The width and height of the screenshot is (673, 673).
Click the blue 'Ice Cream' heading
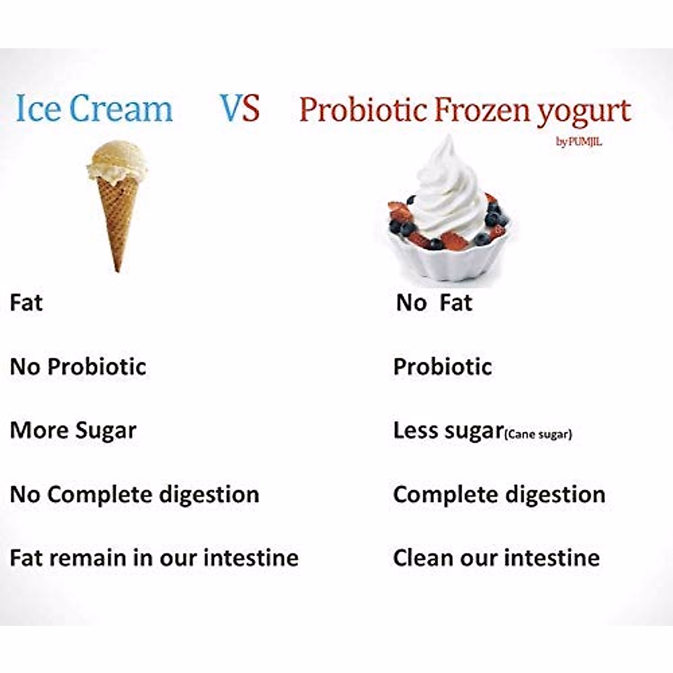(94, 108)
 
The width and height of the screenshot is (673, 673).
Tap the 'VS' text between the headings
(239, 108)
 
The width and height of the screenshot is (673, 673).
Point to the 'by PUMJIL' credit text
(579, 142)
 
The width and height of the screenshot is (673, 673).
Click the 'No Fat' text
(434, 302)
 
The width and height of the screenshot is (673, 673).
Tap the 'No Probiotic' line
(78, 367)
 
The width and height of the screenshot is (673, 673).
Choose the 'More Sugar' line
(73, 431)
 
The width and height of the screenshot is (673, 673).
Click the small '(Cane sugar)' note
(538, 435)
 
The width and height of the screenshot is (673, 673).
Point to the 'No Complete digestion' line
(135, 495)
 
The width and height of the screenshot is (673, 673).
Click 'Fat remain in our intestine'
(154, 557)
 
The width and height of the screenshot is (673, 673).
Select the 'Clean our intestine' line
(496, 557)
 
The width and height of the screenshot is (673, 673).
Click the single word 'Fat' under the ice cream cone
(26, 302)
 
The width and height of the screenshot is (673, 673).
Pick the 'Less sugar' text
(449, 431)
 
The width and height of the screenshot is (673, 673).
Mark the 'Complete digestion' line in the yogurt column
(499, 495)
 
